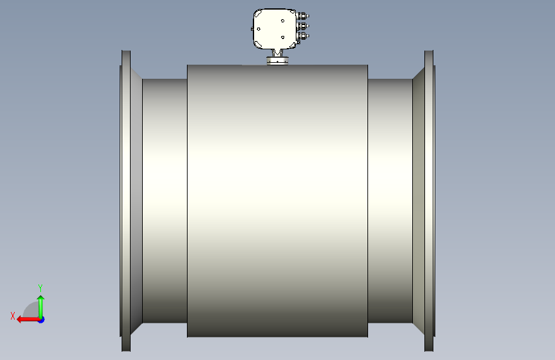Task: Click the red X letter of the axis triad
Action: (13, 316)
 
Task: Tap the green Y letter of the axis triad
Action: (40, 288)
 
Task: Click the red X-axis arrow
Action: (28, 320)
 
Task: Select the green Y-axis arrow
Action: (41, 307)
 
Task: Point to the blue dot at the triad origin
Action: (42, 320)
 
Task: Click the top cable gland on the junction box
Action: (303, 16)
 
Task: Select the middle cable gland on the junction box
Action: (303, 26)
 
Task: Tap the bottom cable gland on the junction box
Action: (303, 36)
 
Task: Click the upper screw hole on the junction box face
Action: (282, 21)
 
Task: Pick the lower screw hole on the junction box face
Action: (282, 37)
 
